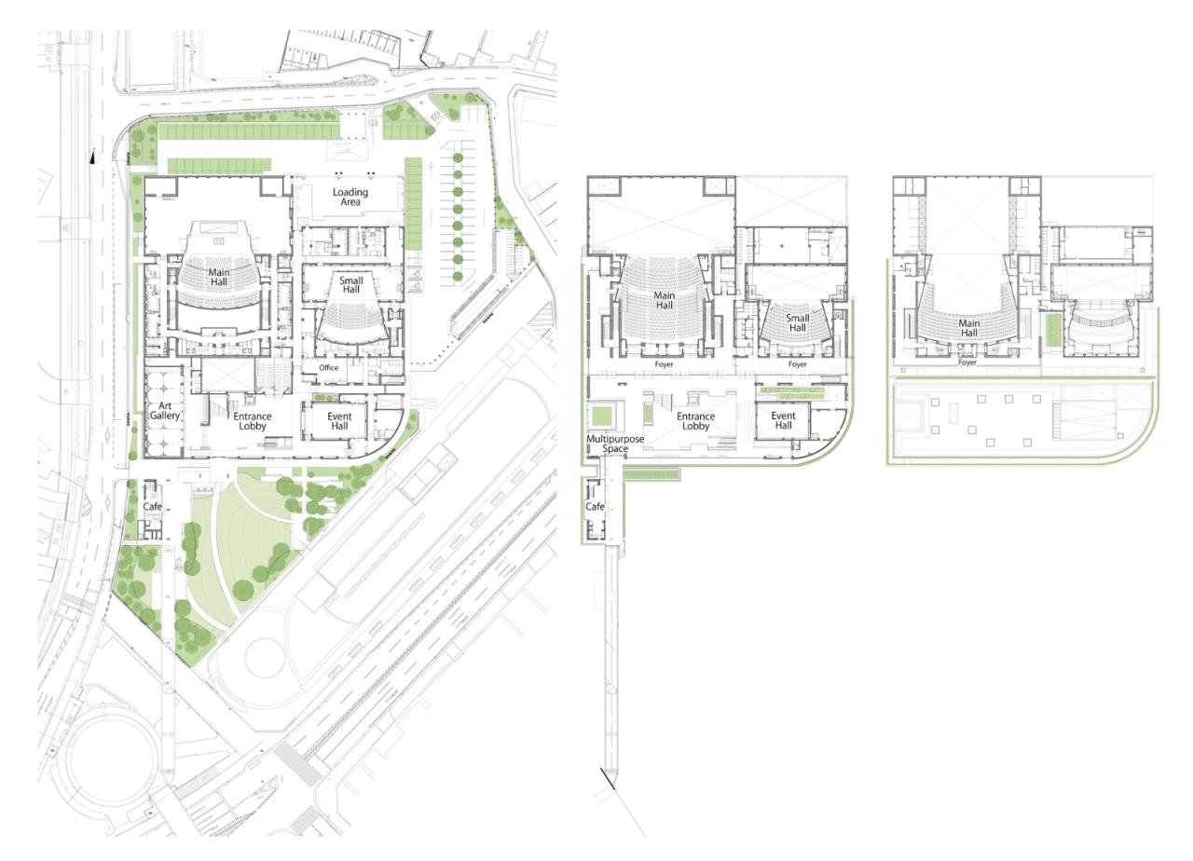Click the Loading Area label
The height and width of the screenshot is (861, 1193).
350,198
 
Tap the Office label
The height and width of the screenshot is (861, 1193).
328,368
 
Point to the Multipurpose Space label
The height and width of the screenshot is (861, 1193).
615,444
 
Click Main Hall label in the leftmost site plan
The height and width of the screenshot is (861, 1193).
218,277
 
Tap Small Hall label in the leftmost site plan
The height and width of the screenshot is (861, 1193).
351,284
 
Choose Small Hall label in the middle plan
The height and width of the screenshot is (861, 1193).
797,322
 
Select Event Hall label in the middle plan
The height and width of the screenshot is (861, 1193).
783,420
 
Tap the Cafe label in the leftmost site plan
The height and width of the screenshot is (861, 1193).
153,506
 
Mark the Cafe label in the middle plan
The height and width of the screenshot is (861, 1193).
595,507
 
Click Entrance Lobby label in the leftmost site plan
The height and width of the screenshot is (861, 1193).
253,421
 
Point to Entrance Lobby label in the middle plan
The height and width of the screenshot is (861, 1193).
695,421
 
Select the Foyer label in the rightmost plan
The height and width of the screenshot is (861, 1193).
967,362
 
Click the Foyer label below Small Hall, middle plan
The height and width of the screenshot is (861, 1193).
797,364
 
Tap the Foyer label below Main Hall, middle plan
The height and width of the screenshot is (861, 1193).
664,364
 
